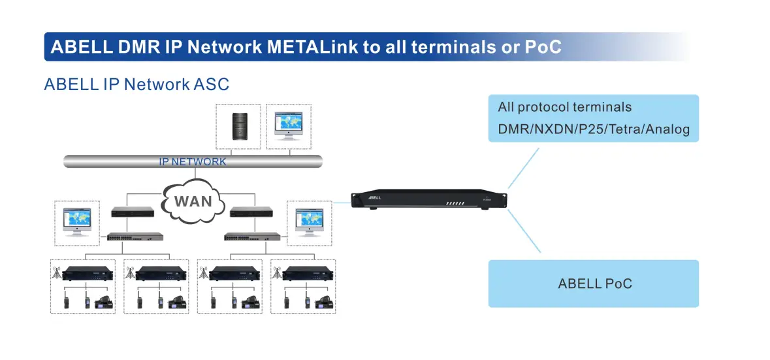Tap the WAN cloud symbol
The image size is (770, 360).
[x=193, y=201]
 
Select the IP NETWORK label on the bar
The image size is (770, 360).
[x=193, y=161]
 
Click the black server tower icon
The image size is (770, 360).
[x=238, y=126]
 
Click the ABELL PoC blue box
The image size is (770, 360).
[x=593, y=284]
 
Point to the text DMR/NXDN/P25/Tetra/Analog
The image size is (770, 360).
[x=594, y=129]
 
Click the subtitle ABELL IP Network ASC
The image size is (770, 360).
[x=136, y=84]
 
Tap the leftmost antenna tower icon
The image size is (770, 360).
[x=56, y=274]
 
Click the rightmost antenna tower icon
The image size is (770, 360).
[x=276, y=274]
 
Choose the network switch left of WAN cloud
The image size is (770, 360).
[x=135, y=237]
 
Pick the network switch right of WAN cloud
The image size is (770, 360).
[x=252, y=237]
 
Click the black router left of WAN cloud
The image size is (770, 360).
[x=133, y=212]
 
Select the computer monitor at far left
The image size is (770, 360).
[x=77, y=222]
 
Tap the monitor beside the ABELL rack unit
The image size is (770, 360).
[x=310, y=222]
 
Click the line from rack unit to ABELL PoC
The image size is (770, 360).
[x=524, y=231]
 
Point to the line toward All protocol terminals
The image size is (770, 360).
[x=524, y=169]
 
